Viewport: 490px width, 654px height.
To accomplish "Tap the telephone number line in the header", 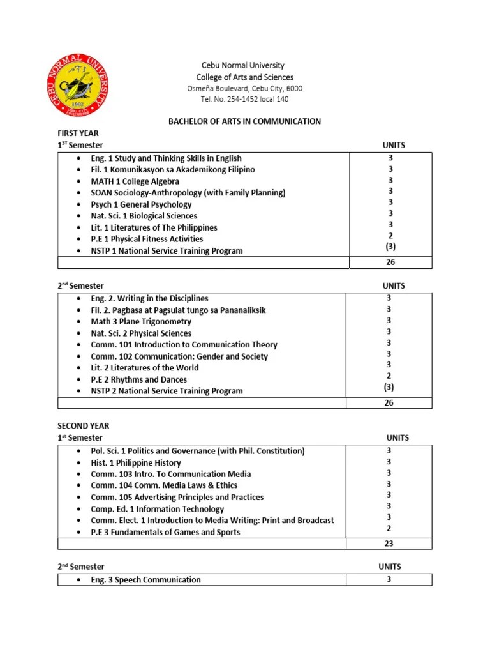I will click(244, 99).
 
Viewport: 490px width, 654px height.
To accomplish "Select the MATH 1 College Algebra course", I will click(135, 181).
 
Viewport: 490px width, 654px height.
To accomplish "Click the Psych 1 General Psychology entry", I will click(141, 204).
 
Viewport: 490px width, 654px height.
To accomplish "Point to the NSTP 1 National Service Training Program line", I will click(167, 251).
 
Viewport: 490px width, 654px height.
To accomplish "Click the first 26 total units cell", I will click(390, 262).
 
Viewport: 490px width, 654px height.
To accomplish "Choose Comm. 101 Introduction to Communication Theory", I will click(184, 345).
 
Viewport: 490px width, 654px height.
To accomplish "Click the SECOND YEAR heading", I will click(84, 426).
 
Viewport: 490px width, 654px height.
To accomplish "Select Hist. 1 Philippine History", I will click(136, 463).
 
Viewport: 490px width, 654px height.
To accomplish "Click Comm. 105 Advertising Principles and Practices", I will click(177, 498).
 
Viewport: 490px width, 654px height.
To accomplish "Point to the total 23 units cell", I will click(389, 544).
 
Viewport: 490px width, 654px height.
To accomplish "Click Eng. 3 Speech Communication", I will click(145, 580).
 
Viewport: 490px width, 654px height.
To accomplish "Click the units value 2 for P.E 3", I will click(389, 529).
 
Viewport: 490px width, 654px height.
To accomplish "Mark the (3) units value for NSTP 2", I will click(389, 387).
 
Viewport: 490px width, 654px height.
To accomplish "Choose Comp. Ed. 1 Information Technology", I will click(157, 509).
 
